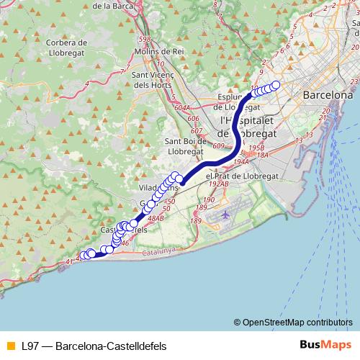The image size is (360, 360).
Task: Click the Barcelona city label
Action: pyautogui.click(x=328, y=95)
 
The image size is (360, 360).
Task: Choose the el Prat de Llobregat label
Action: pyautogui.click(x=237, y=175)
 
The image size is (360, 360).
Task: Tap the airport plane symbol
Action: pyautogui.click(x=226, y=214)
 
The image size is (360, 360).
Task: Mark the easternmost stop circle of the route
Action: pyautogui.click(x=276, y=85)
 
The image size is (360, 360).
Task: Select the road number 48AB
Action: pyautogui.click(x=156, y=217)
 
